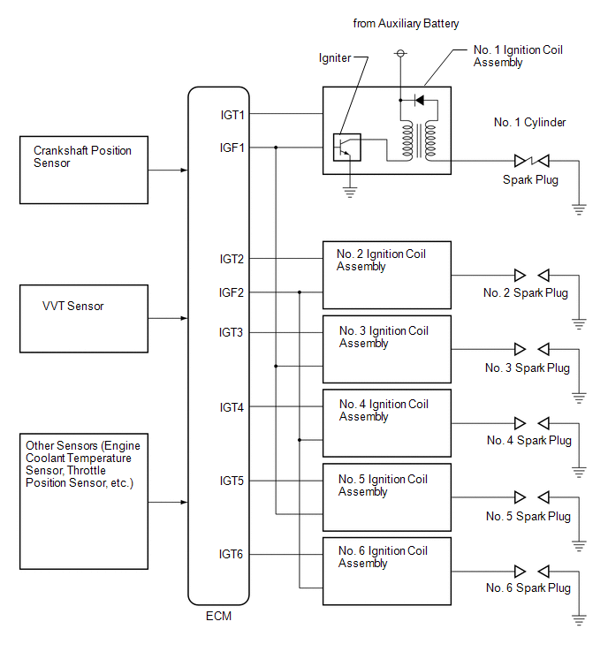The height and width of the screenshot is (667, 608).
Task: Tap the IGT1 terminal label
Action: click(232, 115)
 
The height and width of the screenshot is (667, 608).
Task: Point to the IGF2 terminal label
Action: click(232, 292)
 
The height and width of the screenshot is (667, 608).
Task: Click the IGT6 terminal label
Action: click(231, 554)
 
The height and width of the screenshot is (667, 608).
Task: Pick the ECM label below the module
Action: click(218, 616)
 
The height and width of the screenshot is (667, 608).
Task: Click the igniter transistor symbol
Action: click(346, 148)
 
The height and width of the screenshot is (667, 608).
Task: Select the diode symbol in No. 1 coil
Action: click(419, 101)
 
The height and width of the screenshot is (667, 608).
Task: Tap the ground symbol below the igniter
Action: click(350, 193)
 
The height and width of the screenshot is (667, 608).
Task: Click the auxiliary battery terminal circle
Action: click(400, 53)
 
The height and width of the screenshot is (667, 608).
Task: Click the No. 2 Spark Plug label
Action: click(526, 293)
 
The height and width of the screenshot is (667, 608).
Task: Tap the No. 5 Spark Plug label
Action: click(528, 517)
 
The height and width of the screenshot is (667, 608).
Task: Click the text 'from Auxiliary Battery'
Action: click(406, 23)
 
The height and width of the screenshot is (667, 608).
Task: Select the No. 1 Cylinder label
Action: click(529, 123)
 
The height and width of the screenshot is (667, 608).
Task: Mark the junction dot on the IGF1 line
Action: click(276, 148)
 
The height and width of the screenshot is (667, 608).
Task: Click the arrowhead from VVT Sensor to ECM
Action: click(184, 318)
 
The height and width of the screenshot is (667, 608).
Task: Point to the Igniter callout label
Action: click(335, 57)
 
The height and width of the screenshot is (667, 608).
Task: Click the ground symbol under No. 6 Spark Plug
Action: click(579, 620)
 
